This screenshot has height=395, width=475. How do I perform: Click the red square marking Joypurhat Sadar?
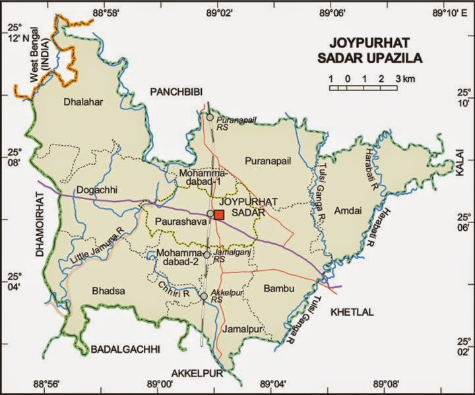tap(220, 214)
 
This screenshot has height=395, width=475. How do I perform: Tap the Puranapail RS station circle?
tap(210, 117)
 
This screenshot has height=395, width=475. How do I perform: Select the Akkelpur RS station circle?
tap(205, 297)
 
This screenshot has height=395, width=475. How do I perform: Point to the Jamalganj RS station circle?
tap(206, 255)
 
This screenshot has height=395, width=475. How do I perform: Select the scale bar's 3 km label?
tap(404, 79)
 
